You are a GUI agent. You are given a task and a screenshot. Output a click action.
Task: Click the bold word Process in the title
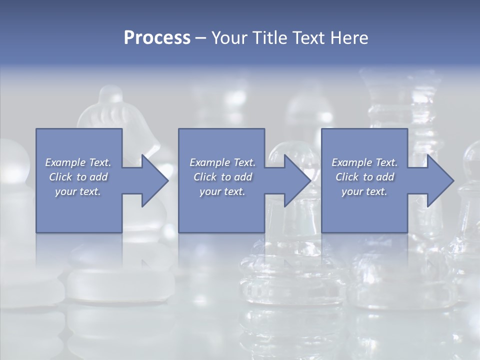pos(157,38)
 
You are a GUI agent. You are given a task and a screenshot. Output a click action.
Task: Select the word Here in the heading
pos(349,38)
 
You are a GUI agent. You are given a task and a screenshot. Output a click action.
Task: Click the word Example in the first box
pos(65,162)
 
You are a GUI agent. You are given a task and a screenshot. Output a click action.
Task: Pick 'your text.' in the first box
pos(78,191)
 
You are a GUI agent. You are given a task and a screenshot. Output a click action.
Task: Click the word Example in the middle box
pos(210,162)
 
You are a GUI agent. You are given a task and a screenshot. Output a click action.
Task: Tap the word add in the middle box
pos(243,177)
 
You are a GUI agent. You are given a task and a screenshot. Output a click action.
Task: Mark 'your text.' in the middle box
pos(222,191)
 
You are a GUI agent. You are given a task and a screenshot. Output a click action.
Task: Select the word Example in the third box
pos(352,162)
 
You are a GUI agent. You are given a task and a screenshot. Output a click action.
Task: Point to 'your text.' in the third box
pos(364,191)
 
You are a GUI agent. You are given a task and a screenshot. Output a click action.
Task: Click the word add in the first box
pos(99,177)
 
